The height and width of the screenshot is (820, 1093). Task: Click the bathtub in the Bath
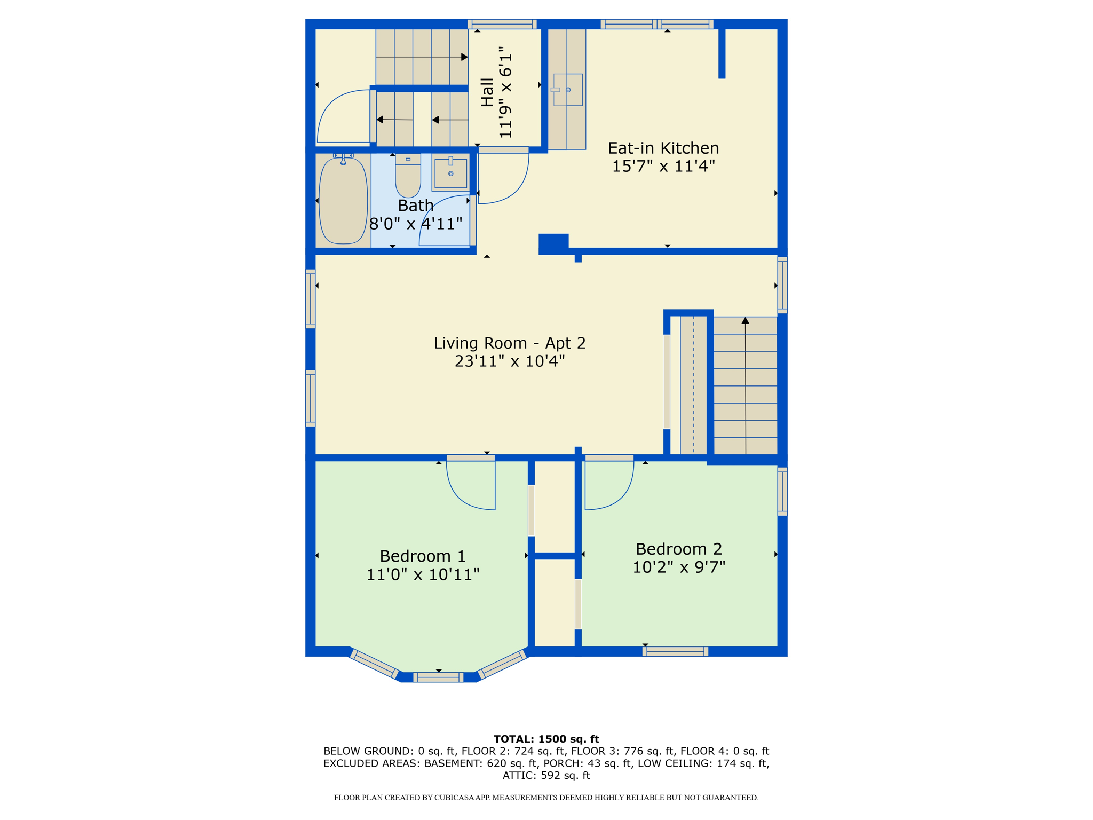pos(343,201)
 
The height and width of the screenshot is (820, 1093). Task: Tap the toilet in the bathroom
pos(408,176)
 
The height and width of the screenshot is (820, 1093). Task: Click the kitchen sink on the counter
pos(567,90)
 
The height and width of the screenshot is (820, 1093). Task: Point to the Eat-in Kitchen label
pos(663,148)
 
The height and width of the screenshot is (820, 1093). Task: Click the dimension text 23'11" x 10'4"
pos(510,361)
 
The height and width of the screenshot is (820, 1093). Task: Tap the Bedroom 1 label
pos(423,556)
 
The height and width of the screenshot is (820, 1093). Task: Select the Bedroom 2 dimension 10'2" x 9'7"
pos(679,567)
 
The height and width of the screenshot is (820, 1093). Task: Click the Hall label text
pos(487,92)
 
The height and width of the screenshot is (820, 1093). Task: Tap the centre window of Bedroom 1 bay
pos(438,677)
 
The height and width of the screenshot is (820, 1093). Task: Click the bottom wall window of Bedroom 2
pos(675,651)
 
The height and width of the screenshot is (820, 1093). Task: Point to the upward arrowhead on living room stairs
pos(746,320)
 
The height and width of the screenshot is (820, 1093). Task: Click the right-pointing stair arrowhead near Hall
pos(464,57)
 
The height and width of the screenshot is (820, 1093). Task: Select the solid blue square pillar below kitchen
pos(553,244)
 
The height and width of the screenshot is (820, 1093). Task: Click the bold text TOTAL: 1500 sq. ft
pos(546,739)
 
